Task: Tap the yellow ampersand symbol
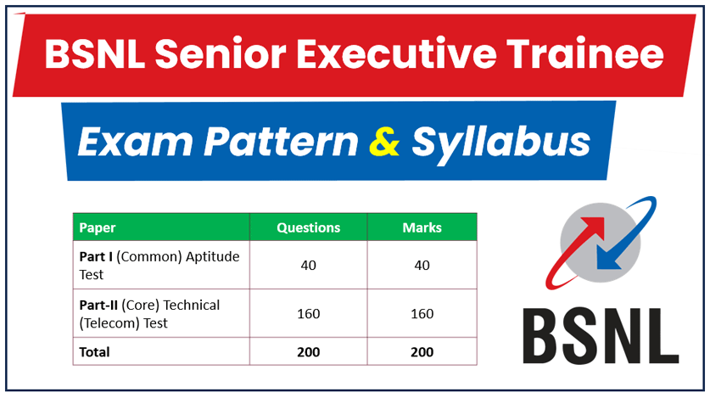coord(385,142)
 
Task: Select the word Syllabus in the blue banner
coord(501,142)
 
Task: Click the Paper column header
coord(98,227)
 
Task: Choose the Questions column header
coord(308,227)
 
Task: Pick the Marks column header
coord(422,227)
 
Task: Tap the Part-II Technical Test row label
coord(149,314)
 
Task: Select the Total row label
coord(94,351)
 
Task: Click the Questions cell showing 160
coord(308,314)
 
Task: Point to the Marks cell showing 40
coord(422,265)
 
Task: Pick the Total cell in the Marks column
coord(422,351)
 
